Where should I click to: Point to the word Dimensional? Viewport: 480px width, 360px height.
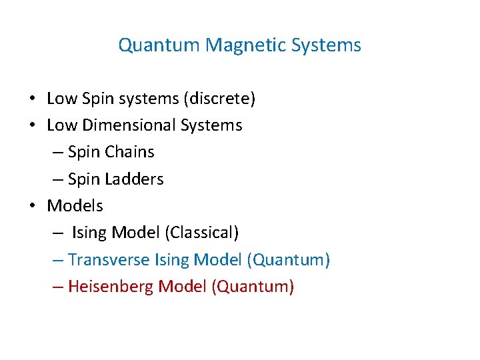tap(134, 125)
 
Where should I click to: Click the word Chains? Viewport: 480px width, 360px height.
tap(129, 152)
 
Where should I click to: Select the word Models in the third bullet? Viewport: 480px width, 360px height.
tap(75, 206)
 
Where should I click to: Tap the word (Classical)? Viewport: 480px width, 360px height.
tap(203, 233)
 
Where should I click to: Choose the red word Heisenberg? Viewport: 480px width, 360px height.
tap(111, 287)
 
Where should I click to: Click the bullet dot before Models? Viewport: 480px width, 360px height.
tap(32, 206)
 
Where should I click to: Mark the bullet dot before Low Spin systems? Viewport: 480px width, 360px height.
tap(32, 99)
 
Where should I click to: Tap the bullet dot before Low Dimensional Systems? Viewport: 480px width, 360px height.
tap(32, 125)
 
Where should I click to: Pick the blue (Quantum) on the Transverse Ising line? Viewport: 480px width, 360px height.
tap(289, 259)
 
